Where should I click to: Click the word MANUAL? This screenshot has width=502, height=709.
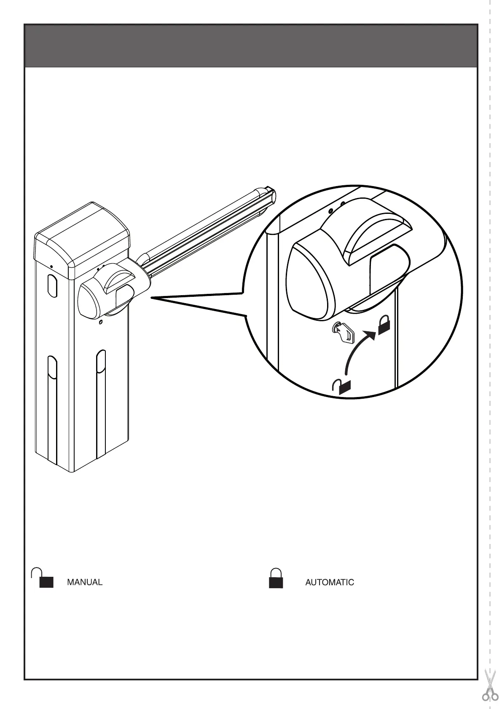[x=85, y=582]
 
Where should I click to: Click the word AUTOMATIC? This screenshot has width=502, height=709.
[x=329, y=582]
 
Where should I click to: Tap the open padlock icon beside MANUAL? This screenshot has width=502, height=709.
[x=43, y=578]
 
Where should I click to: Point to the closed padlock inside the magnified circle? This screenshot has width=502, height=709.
[x=384, y=325]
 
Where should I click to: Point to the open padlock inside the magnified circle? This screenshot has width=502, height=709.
[x=342, y=386]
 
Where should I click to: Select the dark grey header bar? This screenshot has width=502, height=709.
[x=251, y=46]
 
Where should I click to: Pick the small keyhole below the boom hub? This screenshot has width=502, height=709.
[x=100, y=323]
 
